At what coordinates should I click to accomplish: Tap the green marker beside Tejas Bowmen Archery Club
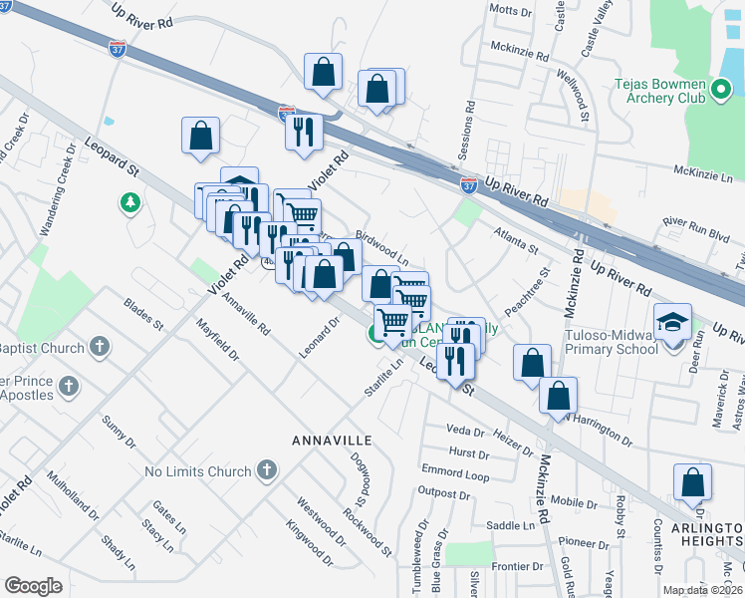(722, 93)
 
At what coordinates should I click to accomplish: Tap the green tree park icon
(128, 204)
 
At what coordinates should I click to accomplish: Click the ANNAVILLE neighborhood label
(332, 440)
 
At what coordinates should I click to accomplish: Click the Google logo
(33, 586)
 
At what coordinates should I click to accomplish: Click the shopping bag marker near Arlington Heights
(692, 482)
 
